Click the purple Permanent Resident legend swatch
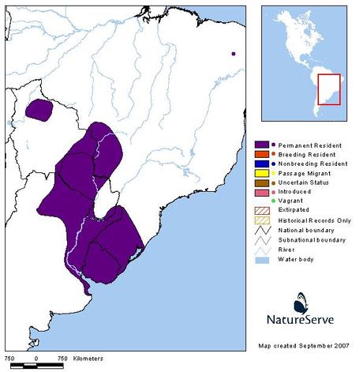click(263, 145)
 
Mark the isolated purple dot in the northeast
click(233, 54)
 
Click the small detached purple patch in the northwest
click(38, 109)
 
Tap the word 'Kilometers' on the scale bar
click(88, 359)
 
